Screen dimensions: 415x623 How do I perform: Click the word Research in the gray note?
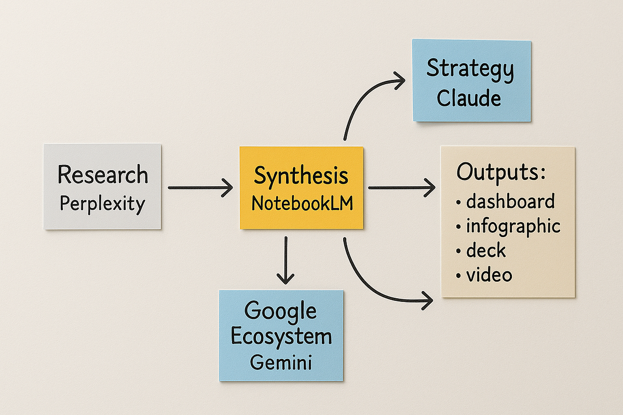pos(103,175)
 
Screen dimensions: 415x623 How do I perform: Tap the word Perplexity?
pos(102,204)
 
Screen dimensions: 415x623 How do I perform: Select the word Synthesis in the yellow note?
pos(301,176)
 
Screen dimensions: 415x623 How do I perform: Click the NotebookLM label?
pos(302,203)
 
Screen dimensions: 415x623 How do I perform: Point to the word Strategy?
pos(470,70)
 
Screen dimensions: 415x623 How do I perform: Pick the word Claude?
pos(469,98)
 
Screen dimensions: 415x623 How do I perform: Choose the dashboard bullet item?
pos(510,201)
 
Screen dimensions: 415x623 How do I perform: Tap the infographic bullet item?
pos(513,226)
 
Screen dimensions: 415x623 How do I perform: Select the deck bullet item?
pos(486,251)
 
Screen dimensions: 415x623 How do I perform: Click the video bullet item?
pos(489,275)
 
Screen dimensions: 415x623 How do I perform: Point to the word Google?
pos(280,311)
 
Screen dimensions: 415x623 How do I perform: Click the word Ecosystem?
pos(281,336)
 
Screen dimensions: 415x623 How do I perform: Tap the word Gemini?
pos(281,362)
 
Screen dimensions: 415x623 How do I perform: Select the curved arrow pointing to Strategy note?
pos(363,96)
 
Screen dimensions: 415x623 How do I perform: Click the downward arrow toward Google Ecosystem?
pos(285,259)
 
